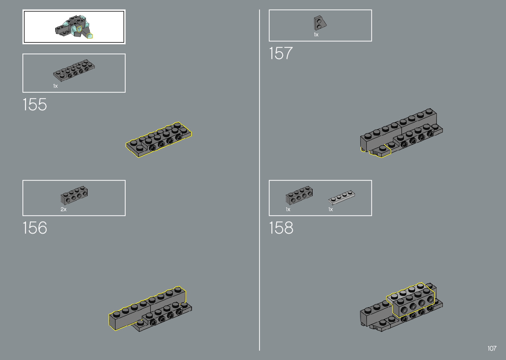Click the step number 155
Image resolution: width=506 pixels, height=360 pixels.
(35, 105)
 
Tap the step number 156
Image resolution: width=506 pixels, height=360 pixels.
(35, 227)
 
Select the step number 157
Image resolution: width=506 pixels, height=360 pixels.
(281, 53)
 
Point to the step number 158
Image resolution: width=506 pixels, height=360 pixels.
(281, 227)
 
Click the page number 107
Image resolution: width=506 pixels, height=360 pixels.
(492, 348)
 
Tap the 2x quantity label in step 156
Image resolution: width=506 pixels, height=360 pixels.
(63, 210)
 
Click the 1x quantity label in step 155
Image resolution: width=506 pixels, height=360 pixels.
(55, 86)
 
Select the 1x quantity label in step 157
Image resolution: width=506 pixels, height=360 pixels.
(316, 35)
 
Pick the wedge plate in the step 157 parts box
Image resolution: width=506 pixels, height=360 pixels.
(320, 23)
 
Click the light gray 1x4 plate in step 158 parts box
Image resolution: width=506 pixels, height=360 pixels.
(341, 197)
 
